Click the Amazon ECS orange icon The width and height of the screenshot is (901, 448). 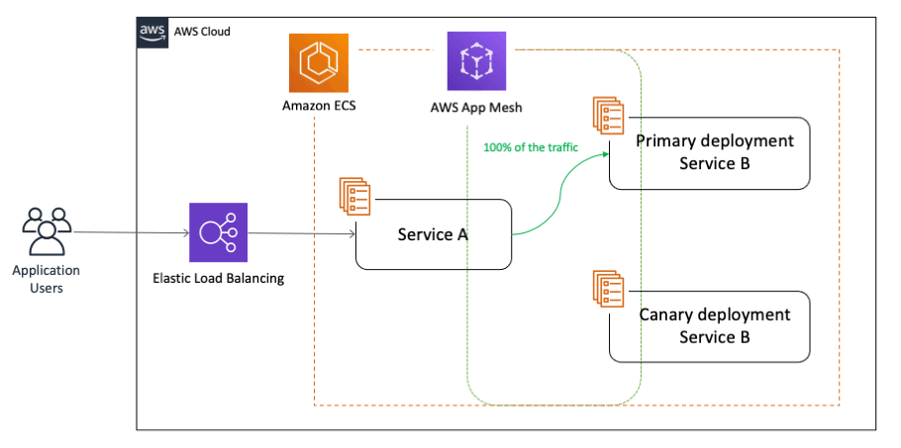(x=319, y=63)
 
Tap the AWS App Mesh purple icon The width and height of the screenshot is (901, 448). (x=477, y=61)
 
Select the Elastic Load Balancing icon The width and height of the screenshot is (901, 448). (x=219, y=232)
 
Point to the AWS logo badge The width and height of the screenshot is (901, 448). (x=152, y=32)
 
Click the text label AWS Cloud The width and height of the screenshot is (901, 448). (x=202, y=32)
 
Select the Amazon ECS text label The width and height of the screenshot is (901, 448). (x=319, y=106)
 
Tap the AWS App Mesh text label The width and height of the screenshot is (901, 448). (x=476, y=107)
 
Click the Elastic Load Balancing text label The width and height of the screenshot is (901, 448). (x=219, y=279)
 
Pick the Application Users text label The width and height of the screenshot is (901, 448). (x=46, y=279)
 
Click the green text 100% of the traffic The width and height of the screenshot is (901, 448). (x=531, y=147)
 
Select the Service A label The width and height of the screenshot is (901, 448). (x=433, y=234)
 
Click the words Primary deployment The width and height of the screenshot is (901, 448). (x=715, y=140)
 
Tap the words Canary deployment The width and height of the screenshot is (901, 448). (x=715, y=314)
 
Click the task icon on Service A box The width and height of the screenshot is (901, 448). (x=355, y=196)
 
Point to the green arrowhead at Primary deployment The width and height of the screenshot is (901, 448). (x=605, y=153)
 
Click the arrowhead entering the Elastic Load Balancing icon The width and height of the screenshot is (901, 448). (x=185, y=232)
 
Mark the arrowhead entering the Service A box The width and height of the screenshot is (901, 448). (x=351, y=233)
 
